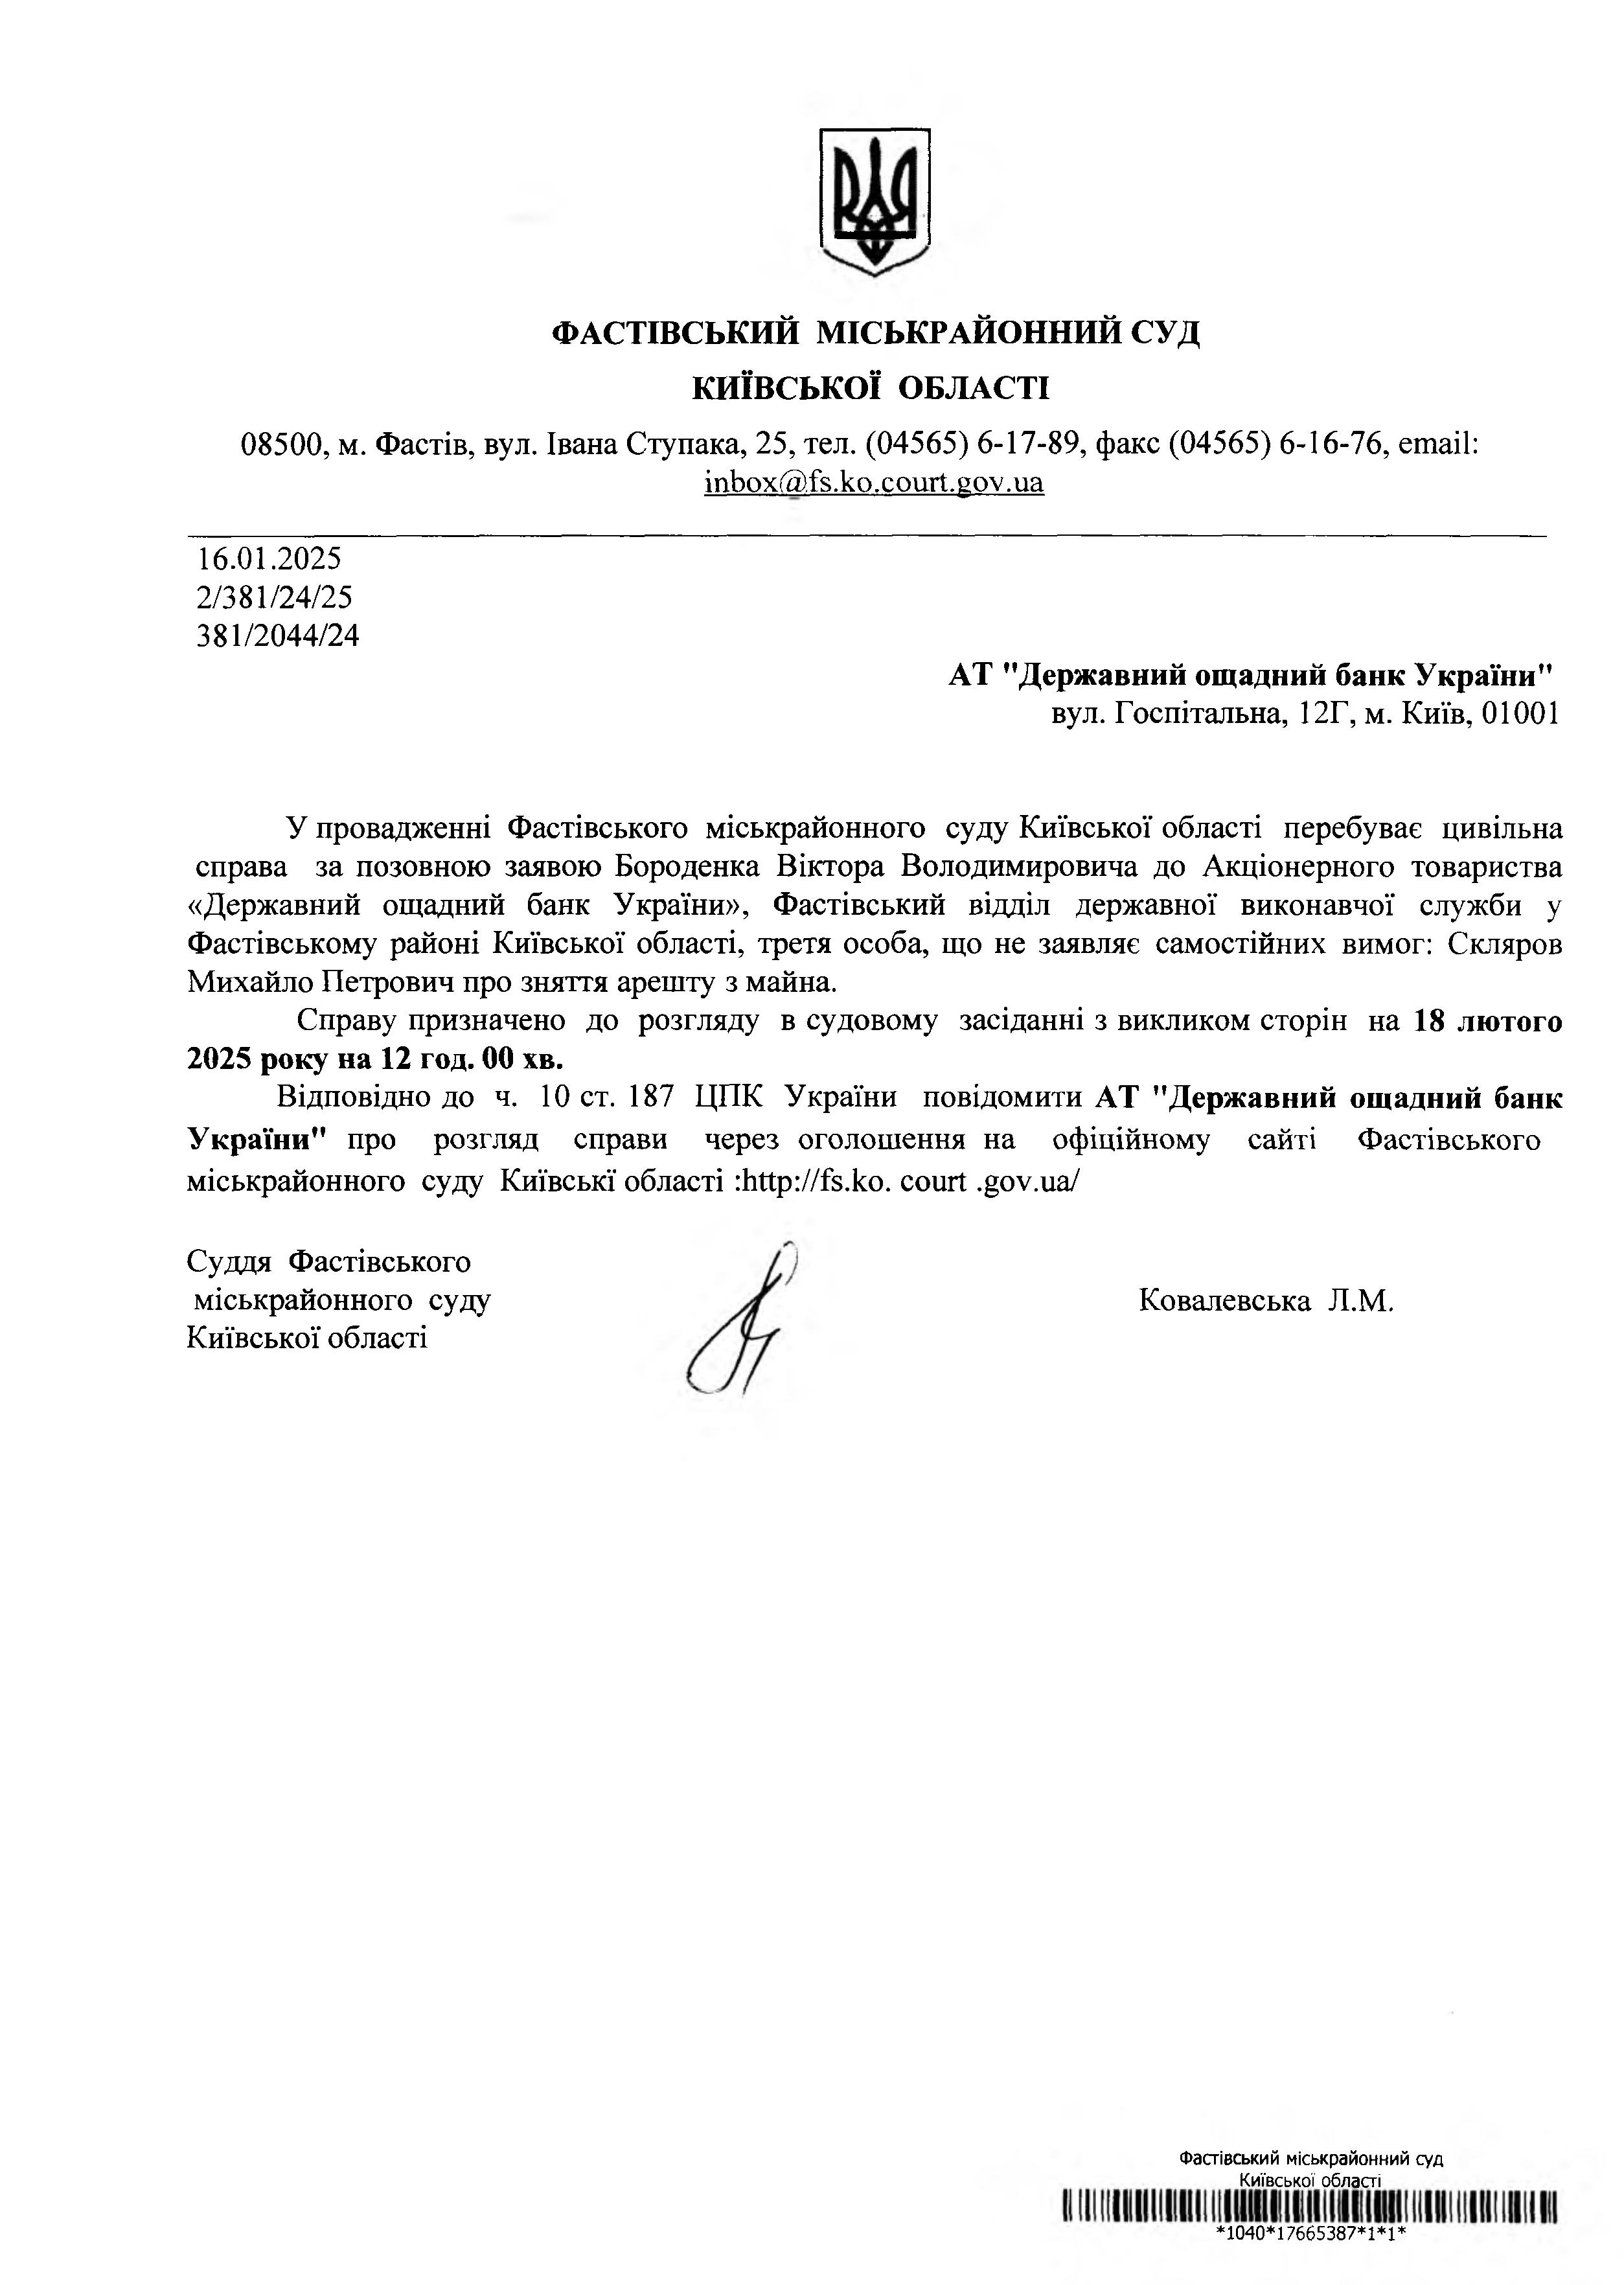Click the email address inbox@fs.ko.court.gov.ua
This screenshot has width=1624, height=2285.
[874, 483]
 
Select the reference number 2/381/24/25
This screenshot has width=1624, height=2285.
[275, 597]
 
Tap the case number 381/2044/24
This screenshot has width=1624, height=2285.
[278, 636]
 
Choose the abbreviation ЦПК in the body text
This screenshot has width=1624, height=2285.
[728, 1098]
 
